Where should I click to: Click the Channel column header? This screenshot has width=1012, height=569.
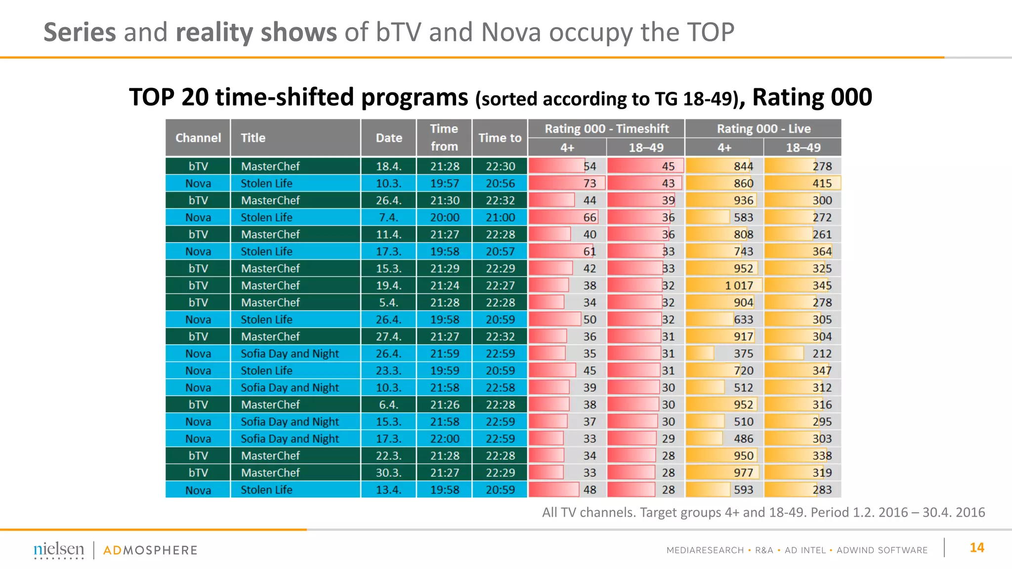click(x=198, y=138)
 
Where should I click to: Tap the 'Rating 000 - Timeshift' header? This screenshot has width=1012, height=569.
click(x=606, y=129)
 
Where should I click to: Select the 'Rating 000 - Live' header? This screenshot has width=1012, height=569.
click(x=763, y=129)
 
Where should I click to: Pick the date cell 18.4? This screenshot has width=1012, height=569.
click(x=388, y=166)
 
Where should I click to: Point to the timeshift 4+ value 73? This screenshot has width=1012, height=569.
click(x=590, y=183)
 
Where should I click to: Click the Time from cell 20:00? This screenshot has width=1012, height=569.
click(x=444, y=217)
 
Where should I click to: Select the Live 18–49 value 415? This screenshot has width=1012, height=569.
click(x=822, y=183)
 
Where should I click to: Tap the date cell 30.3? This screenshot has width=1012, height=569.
click(x=388, y=473)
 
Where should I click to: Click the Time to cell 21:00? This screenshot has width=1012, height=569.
click(x=500, y=217)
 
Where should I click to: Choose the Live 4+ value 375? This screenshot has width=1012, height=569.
click(x=743, y=354)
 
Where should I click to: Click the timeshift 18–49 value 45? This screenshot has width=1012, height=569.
click(x=668, y=166)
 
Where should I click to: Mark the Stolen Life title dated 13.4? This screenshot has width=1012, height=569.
click(x=266, y=490)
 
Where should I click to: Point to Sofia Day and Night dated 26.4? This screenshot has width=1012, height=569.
click(x=290, y=354)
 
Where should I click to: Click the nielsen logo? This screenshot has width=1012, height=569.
click(x=59, y=550)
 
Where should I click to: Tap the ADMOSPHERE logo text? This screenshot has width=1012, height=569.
click(x=150, y=550)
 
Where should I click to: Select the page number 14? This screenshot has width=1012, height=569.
click(x=976, y=548)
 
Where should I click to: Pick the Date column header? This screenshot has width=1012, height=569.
click(x=388, y=138)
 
